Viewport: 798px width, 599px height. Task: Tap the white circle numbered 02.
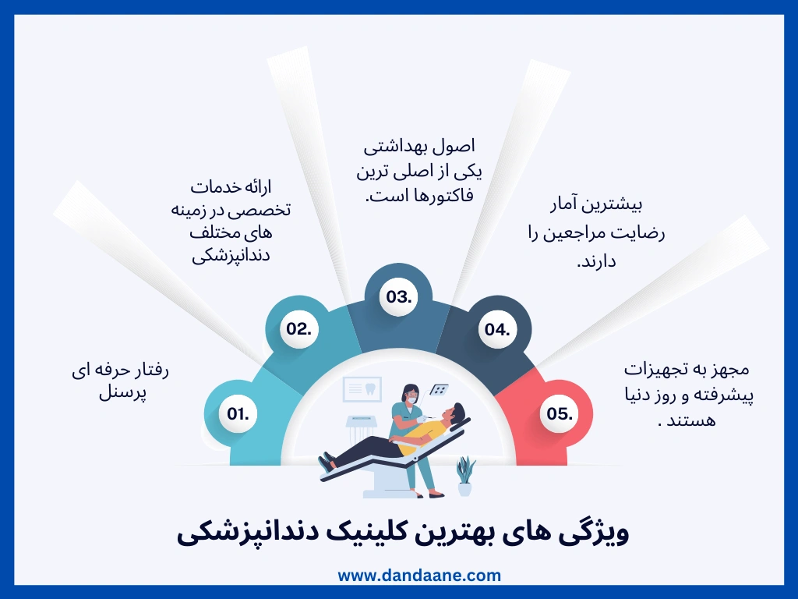pyautogui.click(x=298, y=329)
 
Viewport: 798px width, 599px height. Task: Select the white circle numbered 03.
pyautogui.click(x=397, y=296)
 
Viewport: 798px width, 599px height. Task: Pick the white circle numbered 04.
pyautogui.click(x=496, y=329)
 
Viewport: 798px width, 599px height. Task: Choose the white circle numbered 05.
pyautogui.click(x=560, y=414)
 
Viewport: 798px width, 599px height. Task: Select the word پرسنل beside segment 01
pyautogui.click(x=123, y=393)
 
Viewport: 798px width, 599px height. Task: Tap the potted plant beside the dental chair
pyautogui.click(x=465, y=476)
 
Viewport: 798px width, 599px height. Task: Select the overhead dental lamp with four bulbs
pyautogui.click(x=440, y=388)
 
